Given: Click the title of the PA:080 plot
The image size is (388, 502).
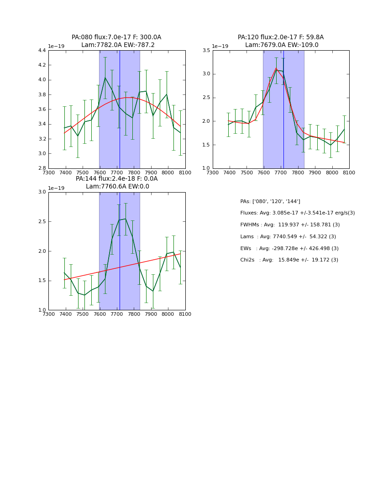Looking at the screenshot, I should pyautogui.click(x=116, y=41).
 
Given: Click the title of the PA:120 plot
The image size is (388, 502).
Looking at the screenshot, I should pyautogui.click(x=281, y=41).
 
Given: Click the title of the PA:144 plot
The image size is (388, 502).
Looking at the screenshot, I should pyautogui.click(x=116, y=183).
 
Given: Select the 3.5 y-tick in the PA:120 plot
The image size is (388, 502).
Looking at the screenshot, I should pyautogui.click(x=206, y=51).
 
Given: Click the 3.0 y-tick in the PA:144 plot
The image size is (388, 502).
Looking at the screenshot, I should pyautogui.click(x=42, y=192).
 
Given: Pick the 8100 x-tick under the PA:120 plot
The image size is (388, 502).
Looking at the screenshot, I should pyautogui.click(x=349, y=173).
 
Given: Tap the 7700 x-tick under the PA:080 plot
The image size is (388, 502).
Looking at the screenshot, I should pyautogui.click(x=117, y=173).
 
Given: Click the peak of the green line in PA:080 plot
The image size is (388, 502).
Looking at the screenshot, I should pyautogui.click(x=105, y=78).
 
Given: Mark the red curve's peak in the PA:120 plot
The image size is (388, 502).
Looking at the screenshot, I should pyautogui.click(x=276, y=68).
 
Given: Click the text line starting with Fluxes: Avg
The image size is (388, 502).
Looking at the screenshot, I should pyautogui.click(x=297, y=213).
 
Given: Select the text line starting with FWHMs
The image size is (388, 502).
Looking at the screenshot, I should pyautogui.click(x=290, y=225).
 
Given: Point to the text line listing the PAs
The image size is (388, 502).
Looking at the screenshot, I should pyautogui.click(x=270, y=202).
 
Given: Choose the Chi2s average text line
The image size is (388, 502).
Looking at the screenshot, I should pyautogui.click(x=289, y=260).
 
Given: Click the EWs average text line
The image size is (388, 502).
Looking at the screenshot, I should pyautogui.click(x=289, y=249).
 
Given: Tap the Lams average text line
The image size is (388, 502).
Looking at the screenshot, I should pyautogui.click(x=288, y=237).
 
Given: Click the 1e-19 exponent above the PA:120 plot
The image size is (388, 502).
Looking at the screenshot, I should pyautogui.click(x=220, y=47).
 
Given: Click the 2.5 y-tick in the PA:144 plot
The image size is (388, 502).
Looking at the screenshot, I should pyautogui.click(x=42, y=222).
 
